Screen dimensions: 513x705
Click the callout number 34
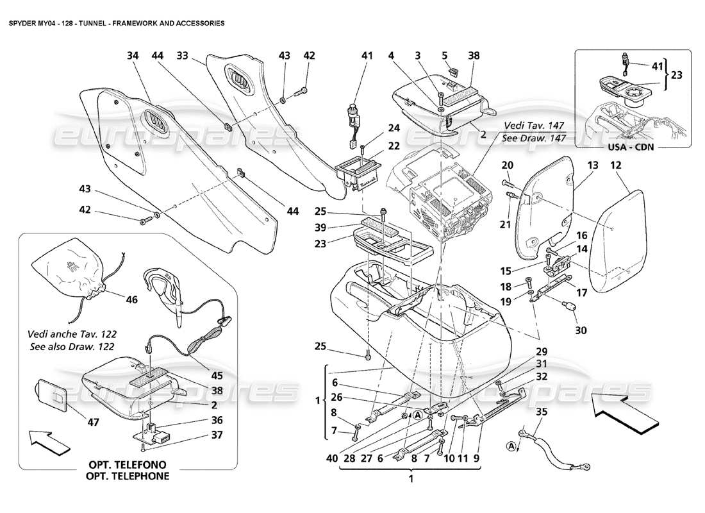(x=133, y=56)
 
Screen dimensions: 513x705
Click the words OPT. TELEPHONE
(x=129, y=476)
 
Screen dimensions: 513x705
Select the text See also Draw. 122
(x=72, y=347)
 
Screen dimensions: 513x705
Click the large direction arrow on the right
(x=621, y=412)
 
